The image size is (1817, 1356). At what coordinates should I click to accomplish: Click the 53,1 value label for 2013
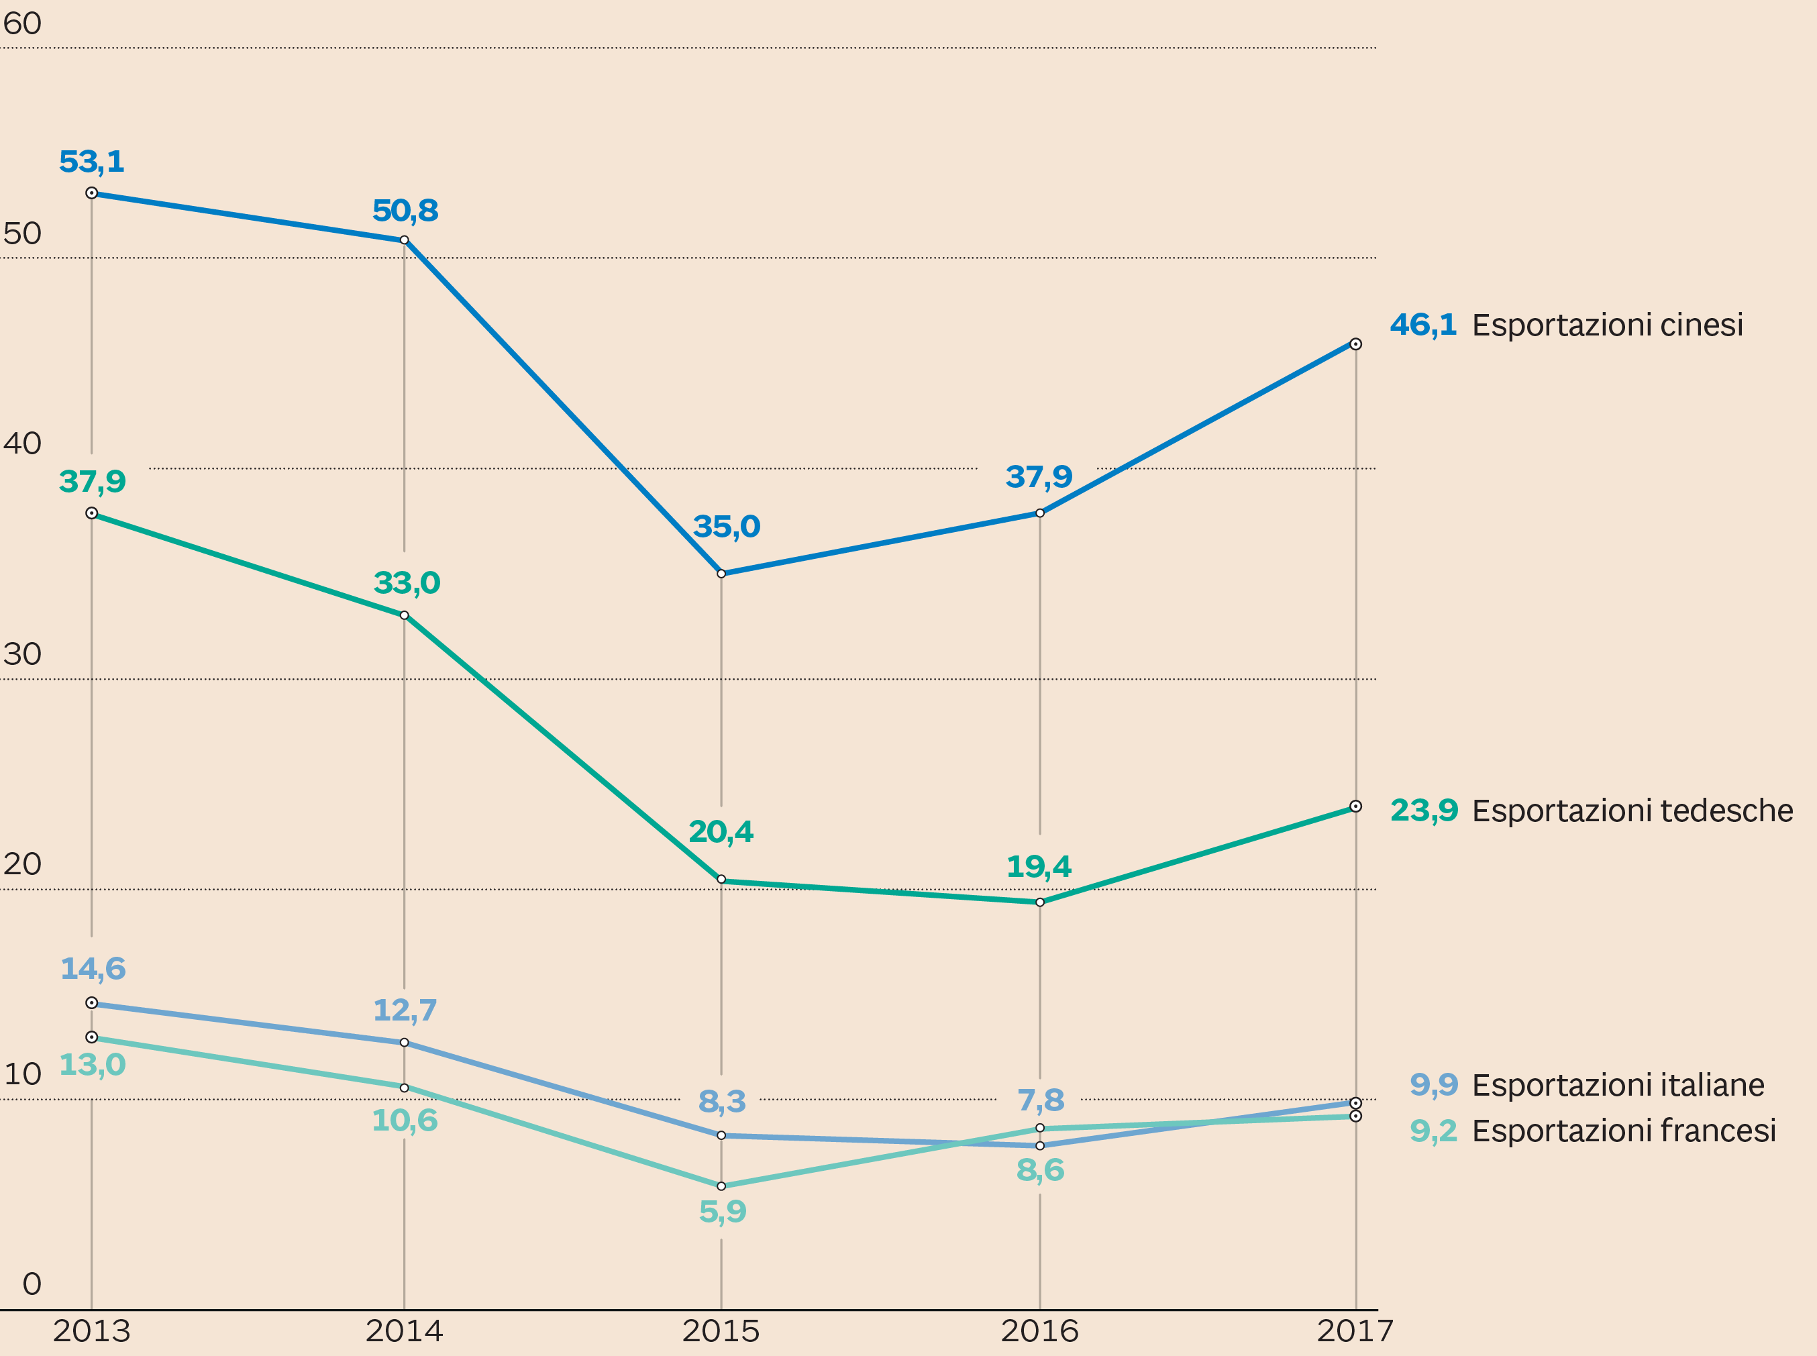(x=92, y=162)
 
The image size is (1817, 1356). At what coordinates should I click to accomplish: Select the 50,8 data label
(x=405, y=211)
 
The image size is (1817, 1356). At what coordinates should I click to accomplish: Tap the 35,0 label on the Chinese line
(x=726, y=526)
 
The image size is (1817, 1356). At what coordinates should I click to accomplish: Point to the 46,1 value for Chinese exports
(x=1423, y=325)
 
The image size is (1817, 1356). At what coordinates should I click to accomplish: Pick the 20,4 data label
(x=721, y=831)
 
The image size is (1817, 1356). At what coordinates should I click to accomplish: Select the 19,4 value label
(x=1039, y=866)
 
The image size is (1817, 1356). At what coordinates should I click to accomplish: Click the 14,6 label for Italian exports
(x=93, y=969)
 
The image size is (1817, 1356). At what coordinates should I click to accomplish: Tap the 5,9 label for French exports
(x=722, y=1212)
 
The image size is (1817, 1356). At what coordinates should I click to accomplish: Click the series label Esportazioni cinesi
(x=1607, y=325)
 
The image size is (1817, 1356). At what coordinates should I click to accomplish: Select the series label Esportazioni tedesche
(x=1632, y=811)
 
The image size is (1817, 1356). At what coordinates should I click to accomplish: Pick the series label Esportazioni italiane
(x=1618, y=1085)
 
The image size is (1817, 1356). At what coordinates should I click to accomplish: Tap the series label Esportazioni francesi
(x=1623, y=1131)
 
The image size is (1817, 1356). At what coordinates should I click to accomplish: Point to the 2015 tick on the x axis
(x=721, y=1331)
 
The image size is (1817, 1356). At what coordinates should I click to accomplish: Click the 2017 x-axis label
(x=1355, y=1331)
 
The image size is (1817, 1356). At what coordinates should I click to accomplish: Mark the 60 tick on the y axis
(x=22, y=23)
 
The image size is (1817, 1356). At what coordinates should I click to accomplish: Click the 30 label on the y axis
(x=22, y=654)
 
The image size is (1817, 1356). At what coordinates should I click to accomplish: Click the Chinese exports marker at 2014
(x=404, y=240)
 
